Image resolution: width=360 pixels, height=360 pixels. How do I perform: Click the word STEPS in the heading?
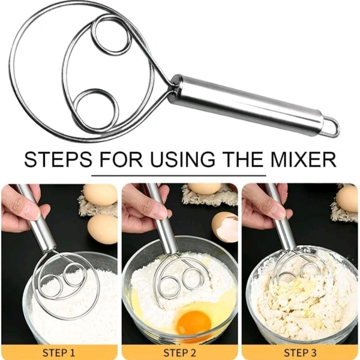point(58,159)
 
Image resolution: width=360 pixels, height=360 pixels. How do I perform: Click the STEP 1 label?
point(59,352)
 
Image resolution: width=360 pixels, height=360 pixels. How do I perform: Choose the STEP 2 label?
point(180,352)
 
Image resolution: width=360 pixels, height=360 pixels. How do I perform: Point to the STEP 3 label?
point(300,352)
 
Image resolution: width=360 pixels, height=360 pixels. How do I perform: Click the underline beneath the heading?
point(179,176)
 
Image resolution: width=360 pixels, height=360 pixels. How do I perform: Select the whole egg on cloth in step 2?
point(204,188)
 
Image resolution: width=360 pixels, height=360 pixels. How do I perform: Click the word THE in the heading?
point(245,159)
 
